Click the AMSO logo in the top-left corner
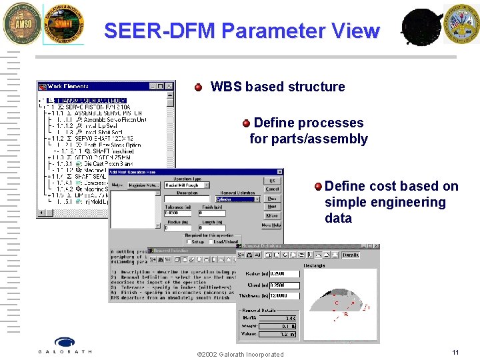[x=19, y=24]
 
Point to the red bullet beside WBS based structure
[x=198, y=87]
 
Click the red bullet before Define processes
[x=246, y=123]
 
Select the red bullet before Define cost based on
[x=319, y=186]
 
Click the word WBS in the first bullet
[x=225, y=87]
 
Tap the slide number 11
[x=455, y=351]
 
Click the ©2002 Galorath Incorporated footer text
[x=241, y=354]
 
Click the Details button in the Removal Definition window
[x=351, y=255]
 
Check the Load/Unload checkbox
[x=211, y=241]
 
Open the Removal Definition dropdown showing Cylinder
[x=256, y=199]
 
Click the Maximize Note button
[x=142, y=185]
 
